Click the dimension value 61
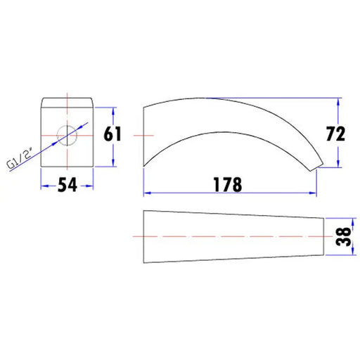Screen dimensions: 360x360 click(112, 134)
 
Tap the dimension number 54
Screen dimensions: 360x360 click(67, 185)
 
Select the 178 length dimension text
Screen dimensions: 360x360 click(228, 184)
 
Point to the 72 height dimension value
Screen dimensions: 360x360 click(335, 134)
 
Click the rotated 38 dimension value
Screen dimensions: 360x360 click(343, 236)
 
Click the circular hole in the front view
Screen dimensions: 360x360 click(67, 136)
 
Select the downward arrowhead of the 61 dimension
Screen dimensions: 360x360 click(113, 162)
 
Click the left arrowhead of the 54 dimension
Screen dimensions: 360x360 click(45, 186)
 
